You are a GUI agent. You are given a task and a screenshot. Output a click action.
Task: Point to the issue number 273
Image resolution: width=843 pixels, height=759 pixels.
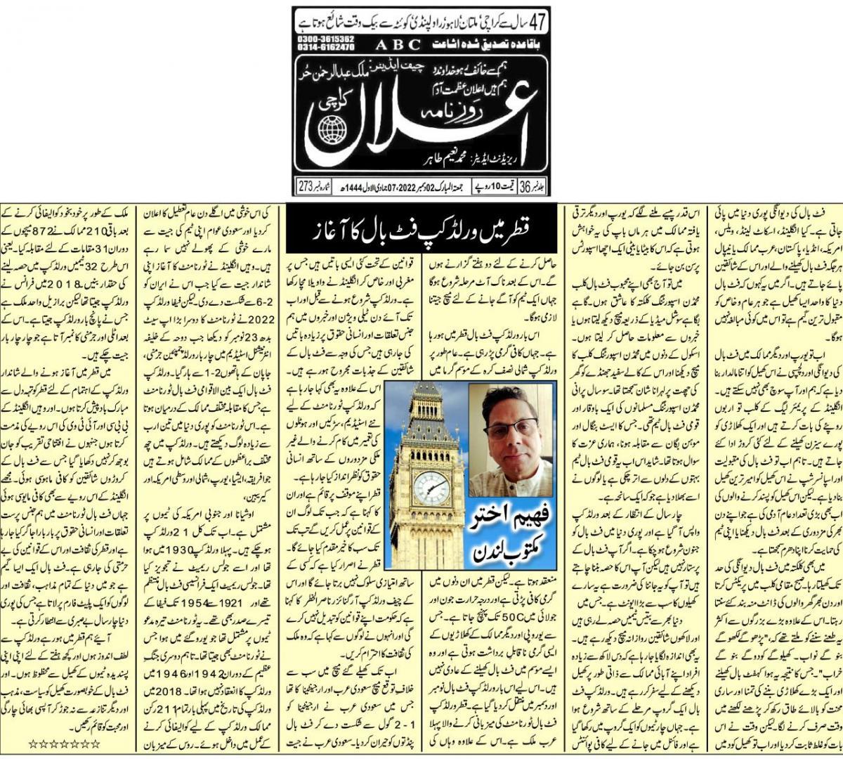tap(307, 188)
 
